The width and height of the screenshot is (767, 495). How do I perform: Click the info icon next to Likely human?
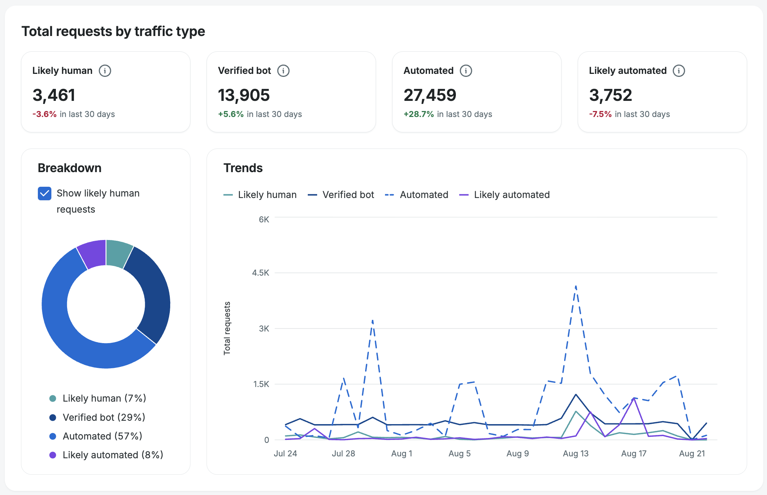(x=105, y=70)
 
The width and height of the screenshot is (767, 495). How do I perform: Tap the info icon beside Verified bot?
(x=283, y=70)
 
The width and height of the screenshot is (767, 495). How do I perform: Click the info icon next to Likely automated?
(x=679, y=70)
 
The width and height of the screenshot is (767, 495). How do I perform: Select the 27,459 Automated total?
(x=430, y=95)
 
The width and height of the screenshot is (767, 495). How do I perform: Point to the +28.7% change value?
(x=419, y=114)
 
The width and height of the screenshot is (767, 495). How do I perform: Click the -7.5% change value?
(x=600, y=114)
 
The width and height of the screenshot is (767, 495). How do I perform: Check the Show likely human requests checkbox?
(x=45, y=193)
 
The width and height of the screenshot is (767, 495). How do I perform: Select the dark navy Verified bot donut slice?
(x=152, y=292)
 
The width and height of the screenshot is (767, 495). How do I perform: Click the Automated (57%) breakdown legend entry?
(x=96, y=436)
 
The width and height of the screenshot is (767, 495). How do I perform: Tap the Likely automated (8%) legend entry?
(x=106, y=455)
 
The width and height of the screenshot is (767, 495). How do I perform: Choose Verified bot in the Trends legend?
(x=341, y=195)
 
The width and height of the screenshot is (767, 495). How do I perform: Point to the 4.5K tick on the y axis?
(x=261, y=273)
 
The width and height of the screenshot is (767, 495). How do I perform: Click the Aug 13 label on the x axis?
(x=576, y=453)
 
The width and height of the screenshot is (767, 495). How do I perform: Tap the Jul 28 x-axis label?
(x=343, y=453)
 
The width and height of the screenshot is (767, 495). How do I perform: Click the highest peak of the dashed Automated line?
(x=576, y=286)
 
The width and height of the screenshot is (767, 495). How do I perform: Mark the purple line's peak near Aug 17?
(x=634, y=398)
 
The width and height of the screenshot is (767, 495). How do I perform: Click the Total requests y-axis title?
(x=227, y=328)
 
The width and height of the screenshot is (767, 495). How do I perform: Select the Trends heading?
(x=243, y=168)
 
